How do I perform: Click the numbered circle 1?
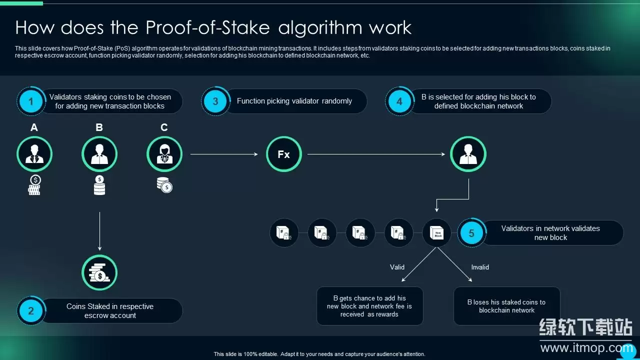pos(31,101)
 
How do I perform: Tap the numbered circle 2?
pos(31,311)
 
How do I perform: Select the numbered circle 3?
pos(215,101)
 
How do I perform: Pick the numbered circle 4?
pos(399,101)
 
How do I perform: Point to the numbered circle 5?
pos(471,233)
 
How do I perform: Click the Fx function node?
pos(283,154)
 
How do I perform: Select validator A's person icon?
pos(34,154)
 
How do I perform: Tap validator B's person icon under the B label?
pos(99,154)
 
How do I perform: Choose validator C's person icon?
pos(164,154)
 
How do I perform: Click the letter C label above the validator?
pos(164,127)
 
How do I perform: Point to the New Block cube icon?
pos(437,233)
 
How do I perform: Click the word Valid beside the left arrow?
pos(397,267)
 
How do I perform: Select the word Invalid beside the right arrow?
pos(480,267)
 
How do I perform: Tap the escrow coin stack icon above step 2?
pos(99,272)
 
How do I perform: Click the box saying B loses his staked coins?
pos(506,306)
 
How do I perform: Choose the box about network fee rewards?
pos(369,306)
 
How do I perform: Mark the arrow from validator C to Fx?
pos(224,154)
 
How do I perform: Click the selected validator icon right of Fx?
pos(468,154)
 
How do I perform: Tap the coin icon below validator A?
pos(34,185)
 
